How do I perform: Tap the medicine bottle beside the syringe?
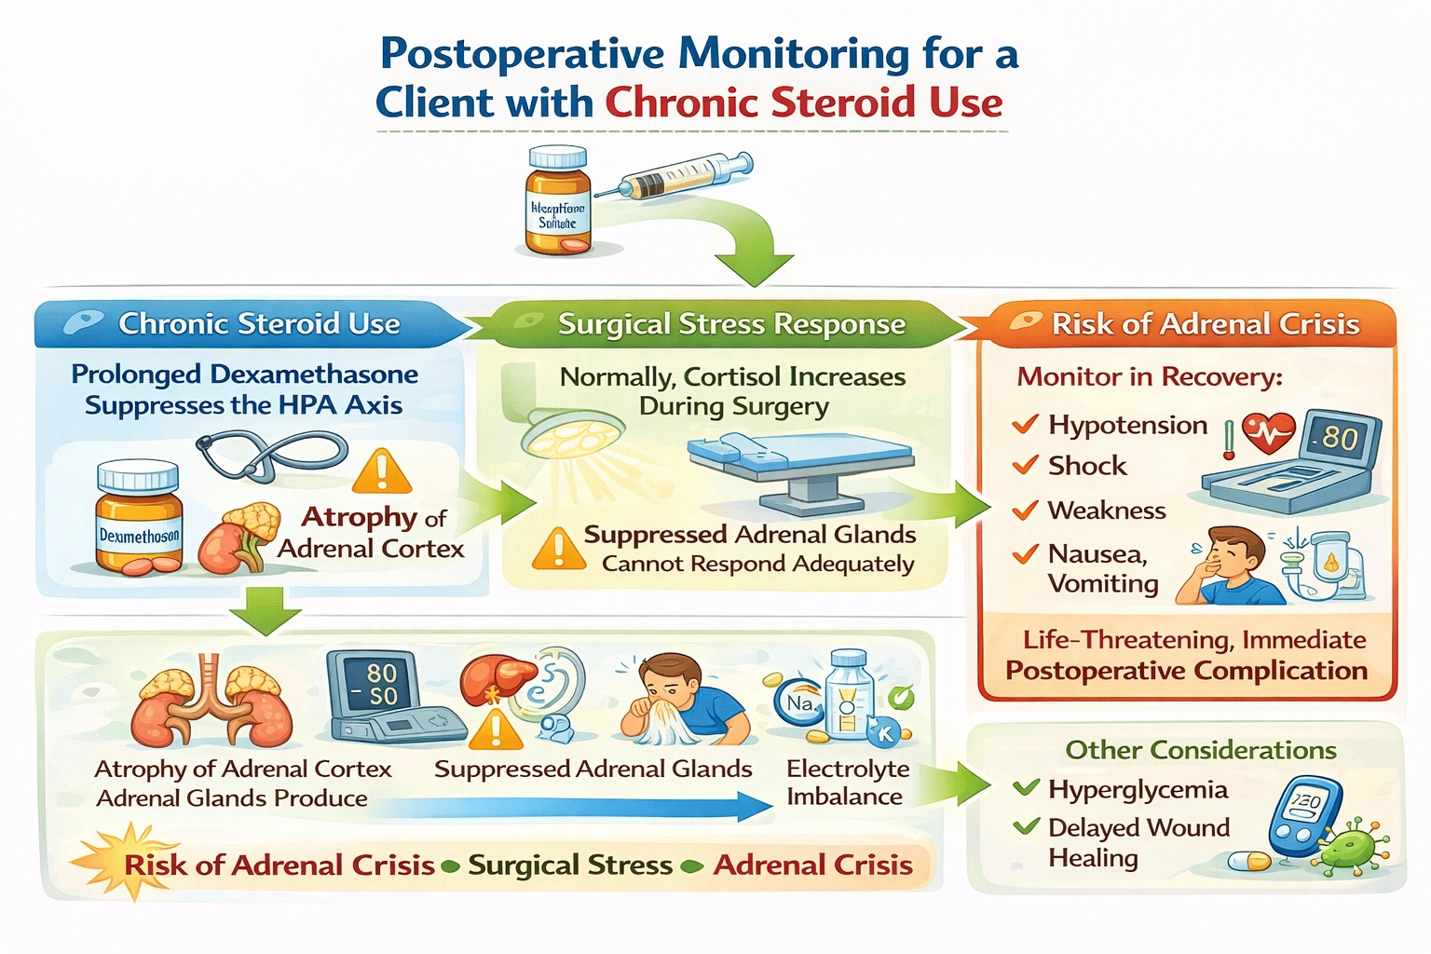tap(558, 200)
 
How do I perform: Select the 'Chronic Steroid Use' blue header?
tap(258, 323)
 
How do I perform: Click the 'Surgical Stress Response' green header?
tap(730, 324)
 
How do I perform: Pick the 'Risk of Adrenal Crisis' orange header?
tap(1204, 324)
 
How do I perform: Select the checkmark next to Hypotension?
tap(1025, 425)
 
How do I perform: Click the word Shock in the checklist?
tap(1087, 466)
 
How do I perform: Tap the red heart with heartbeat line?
tap(1268, 431)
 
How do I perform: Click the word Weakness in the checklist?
tap(1107, 511)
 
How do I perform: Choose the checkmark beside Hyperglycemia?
tap(1026, 788)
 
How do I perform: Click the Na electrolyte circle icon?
tap(798, 704)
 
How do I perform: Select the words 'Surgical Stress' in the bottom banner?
tap(570, 865)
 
